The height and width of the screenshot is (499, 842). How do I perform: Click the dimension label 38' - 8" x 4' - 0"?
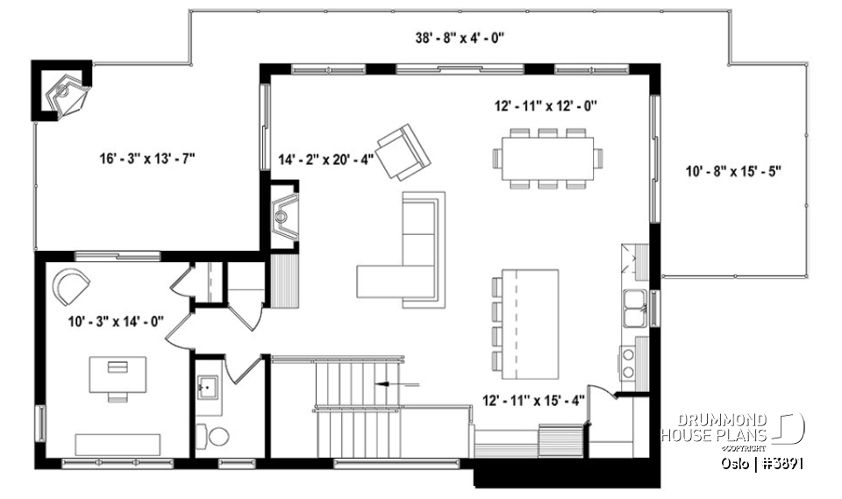coord(459,39)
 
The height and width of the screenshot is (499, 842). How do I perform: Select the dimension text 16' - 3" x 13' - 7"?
coord(146,159)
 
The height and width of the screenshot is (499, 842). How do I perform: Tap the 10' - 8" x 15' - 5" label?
coord(733,172)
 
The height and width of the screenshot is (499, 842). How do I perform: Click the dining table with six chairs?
coord(547,158)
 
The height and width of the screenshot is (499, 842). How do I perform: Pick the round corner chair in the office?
coord(70,286)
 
